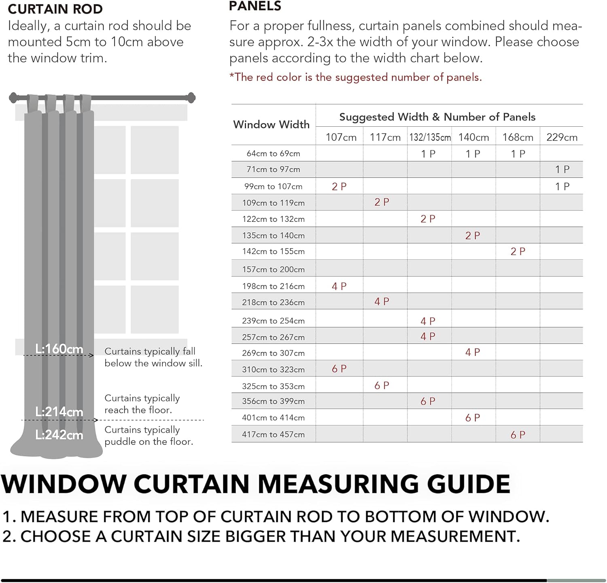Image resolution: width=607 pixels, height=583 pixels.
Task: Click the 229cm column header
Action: (562, 137)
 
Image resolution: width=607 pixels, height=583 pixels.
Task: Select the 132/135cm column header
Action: (430, 137)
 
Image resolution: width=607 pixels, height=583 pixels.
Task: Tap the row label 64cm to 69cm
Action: (273, 153)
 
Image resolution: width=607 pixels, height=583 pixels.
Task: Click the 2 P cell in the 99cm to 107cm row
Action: (339, 187)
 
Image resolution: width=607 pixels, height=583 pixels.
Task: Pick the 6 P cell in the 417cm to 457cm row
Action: (518, 435)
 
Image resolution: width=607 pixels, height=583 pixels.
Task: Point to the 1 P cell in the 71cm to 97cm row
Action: (562, 170)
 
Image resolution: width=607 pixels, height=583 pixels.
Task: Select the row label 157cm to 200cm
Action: (273, 269)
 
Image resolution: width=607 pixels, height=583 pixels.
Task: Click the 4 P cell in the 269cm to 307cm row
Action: (472, 352)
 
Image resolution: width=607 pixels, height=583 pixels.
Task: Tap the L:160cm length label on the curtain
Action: (59, 349)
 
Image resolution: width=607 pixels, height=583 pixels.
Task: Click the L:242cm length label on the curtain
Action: (59, 435)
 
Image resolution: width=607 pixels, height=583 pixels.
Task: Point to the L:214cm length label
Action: (59, 412)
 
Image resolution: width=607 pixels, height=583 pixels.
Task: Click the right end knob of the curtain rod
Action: (191, 97)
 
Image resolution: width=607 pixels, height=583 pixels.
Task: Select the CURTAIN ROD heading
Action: (55, 9)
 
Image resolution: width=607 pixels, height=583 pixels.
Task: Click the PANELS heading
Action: (255, 6)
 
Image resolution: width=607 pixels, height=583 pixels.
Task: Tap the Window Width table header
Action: (271, 124)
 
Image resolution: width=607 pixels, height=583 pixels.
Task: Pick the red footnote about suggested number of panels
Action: (355, 77)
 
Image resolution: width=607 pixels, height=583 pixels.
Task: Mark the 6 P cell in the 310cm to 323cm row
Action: (339, 369)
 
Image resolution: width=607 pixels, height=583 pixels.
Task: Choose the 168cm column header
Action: (518, 137)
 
